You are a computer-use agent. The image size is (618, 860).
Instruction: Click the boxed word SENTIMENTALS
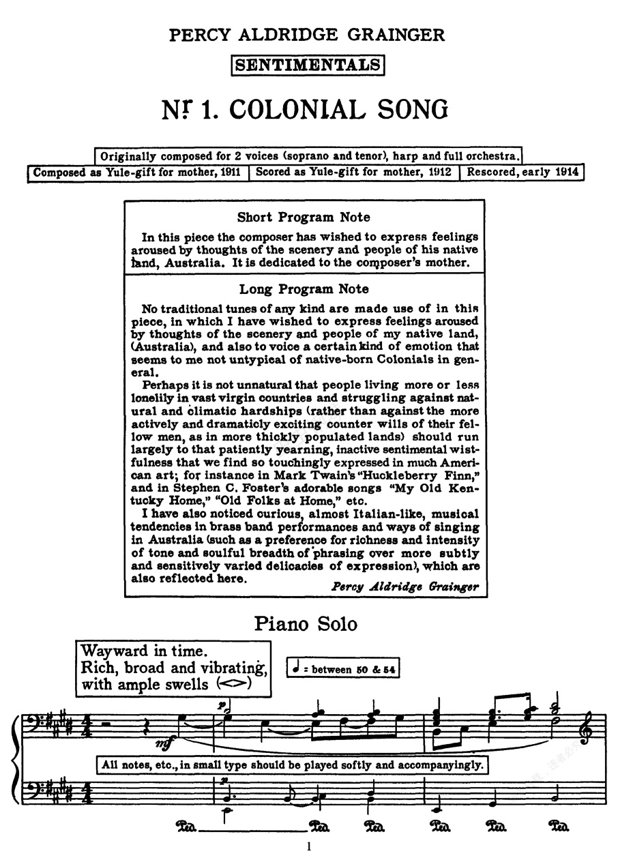coord(308,65)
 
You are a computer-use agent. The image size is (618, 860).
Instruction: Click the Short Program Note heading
coord(304,218)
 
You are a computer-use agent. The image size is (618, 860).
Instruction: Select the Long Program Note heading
coord(304,289)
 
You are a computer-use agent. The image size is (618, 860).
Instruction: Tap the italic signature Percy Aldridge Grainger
coord(404,587)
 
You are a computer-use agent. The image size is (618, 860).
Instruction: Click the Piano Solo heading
coord(306,624)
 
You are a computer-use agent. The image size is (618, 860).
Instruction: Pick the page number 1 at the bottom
coord(309,847)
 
